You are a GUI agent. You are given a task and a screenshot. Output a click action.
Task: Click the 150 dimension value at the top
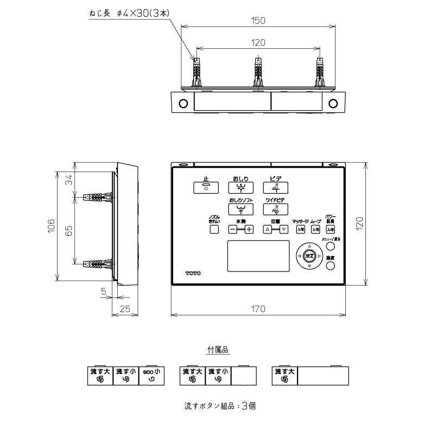tap(258, 21)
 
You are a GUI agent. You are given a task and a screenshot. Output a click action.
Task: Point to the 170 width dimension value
tap(258, 309)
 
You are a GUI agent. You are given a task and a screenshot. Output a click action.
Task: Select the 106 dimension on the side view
tap(50, 225)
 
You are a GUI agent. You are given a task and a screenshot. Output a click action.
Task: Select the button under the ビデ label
tap(275, 188)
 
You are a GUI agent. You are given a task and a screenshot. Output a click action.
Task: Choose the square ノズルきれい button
tap(214, 229)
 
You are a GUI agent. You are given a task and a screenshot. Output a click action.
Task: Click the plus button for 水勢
tap(249, 229)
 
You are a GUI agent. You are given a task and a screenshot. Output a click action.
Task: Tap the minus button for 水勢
tap(232, 229)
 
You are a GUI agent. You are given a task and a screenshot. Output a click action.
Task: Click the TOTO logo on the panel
tap(192, 273)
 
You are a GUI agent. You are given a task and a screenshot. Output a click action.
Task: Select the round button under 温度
tap(330, 267)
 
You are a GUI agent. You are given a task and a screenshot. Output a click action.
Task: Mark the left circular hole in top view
tap(183, 103)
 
